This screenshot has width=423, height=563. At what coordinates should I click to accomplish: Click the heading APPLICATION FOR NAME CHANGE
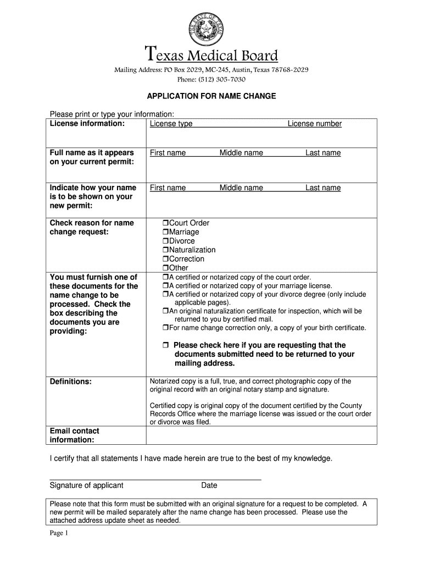(211, 96)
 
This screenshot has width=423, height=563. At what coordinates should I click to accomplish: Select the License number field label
(314, 124)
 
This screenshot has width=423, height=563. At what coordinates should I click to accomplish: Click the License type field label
(171, 124)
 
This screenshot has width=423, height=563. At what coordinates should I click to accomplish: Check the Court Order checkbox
(165, 223)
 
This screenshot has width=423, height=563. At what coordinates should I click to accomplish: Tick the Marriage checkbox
(165, 232)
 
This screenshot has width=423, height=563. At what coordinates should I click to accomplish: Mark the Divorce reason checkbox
(165, 241)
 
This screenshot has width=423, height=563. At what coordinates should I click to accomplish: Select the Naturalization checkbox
(165, 250)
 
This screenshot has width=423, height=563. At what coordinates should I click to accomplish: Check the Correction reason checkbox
(165, 259)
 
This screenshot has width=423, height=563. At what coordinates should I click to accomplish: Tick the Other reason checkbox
(165, 268)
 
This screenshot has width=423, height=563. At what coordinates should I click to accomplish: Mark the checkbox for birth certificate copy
(165, 328)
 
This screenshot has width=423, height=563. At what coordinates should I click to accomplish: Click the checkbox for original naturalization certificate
(165, 311)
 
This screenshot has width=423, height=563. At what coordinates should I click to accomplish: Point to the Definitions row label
(71, 381)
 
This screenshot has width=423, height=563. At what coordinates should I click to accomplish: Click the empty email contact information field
(261, 435)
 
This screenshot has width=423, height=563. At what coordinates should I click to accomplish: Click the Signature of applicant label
(86, 485)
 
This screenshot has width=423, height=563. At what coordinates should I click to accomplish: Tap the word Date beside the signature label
(209, 485)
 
